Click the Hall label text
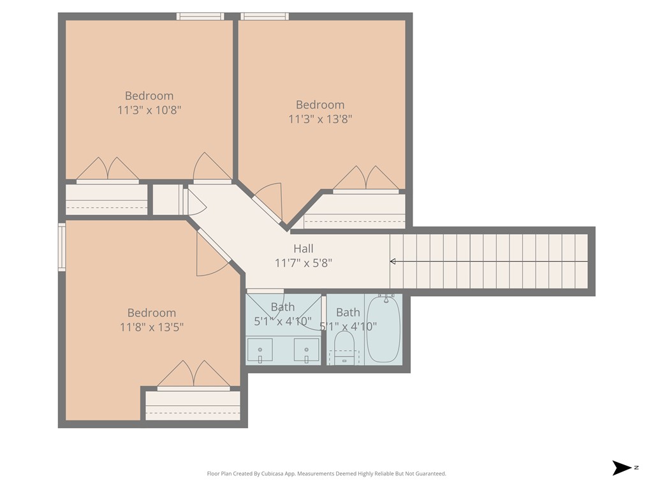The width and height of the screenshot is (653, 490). (303, 249)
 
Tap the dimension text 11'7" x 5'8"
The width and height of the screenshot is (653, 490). (303, 262)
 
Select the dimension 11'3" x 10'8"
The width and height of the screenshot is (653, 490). (149, 110)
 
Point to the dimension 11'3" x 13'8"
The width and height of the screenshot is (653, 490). (320, 119)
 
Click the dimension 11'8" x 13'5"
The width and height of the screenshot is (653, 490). (152, 327)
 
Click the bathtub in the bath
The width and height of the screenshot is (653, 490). (383, 329)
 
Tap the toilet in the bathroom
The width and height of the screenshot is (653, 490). (344, 348)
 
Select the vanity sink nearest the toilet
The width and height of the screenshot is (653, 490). (307, 350)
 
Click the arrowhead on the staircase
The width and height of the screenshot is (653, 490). (393, 261)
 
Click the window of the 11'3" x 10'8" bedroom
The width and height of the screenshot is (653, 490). (200, 17)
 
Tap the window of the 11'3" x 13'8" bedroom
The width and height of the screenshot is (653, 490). (265, 17)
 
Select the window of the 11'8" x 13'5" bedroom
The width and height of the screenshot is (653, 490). (62, 247)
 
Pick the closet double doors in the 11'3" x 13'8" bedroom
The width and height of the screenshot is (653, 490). (366, 179)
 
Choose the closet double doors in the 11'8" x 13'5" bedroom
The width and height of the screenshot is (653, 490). (193, 375)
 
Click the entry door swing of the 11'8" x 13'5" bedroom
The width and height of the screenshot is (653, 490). (210, 258)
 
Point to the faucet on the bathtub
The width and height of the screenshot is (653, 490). (385, 297)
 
